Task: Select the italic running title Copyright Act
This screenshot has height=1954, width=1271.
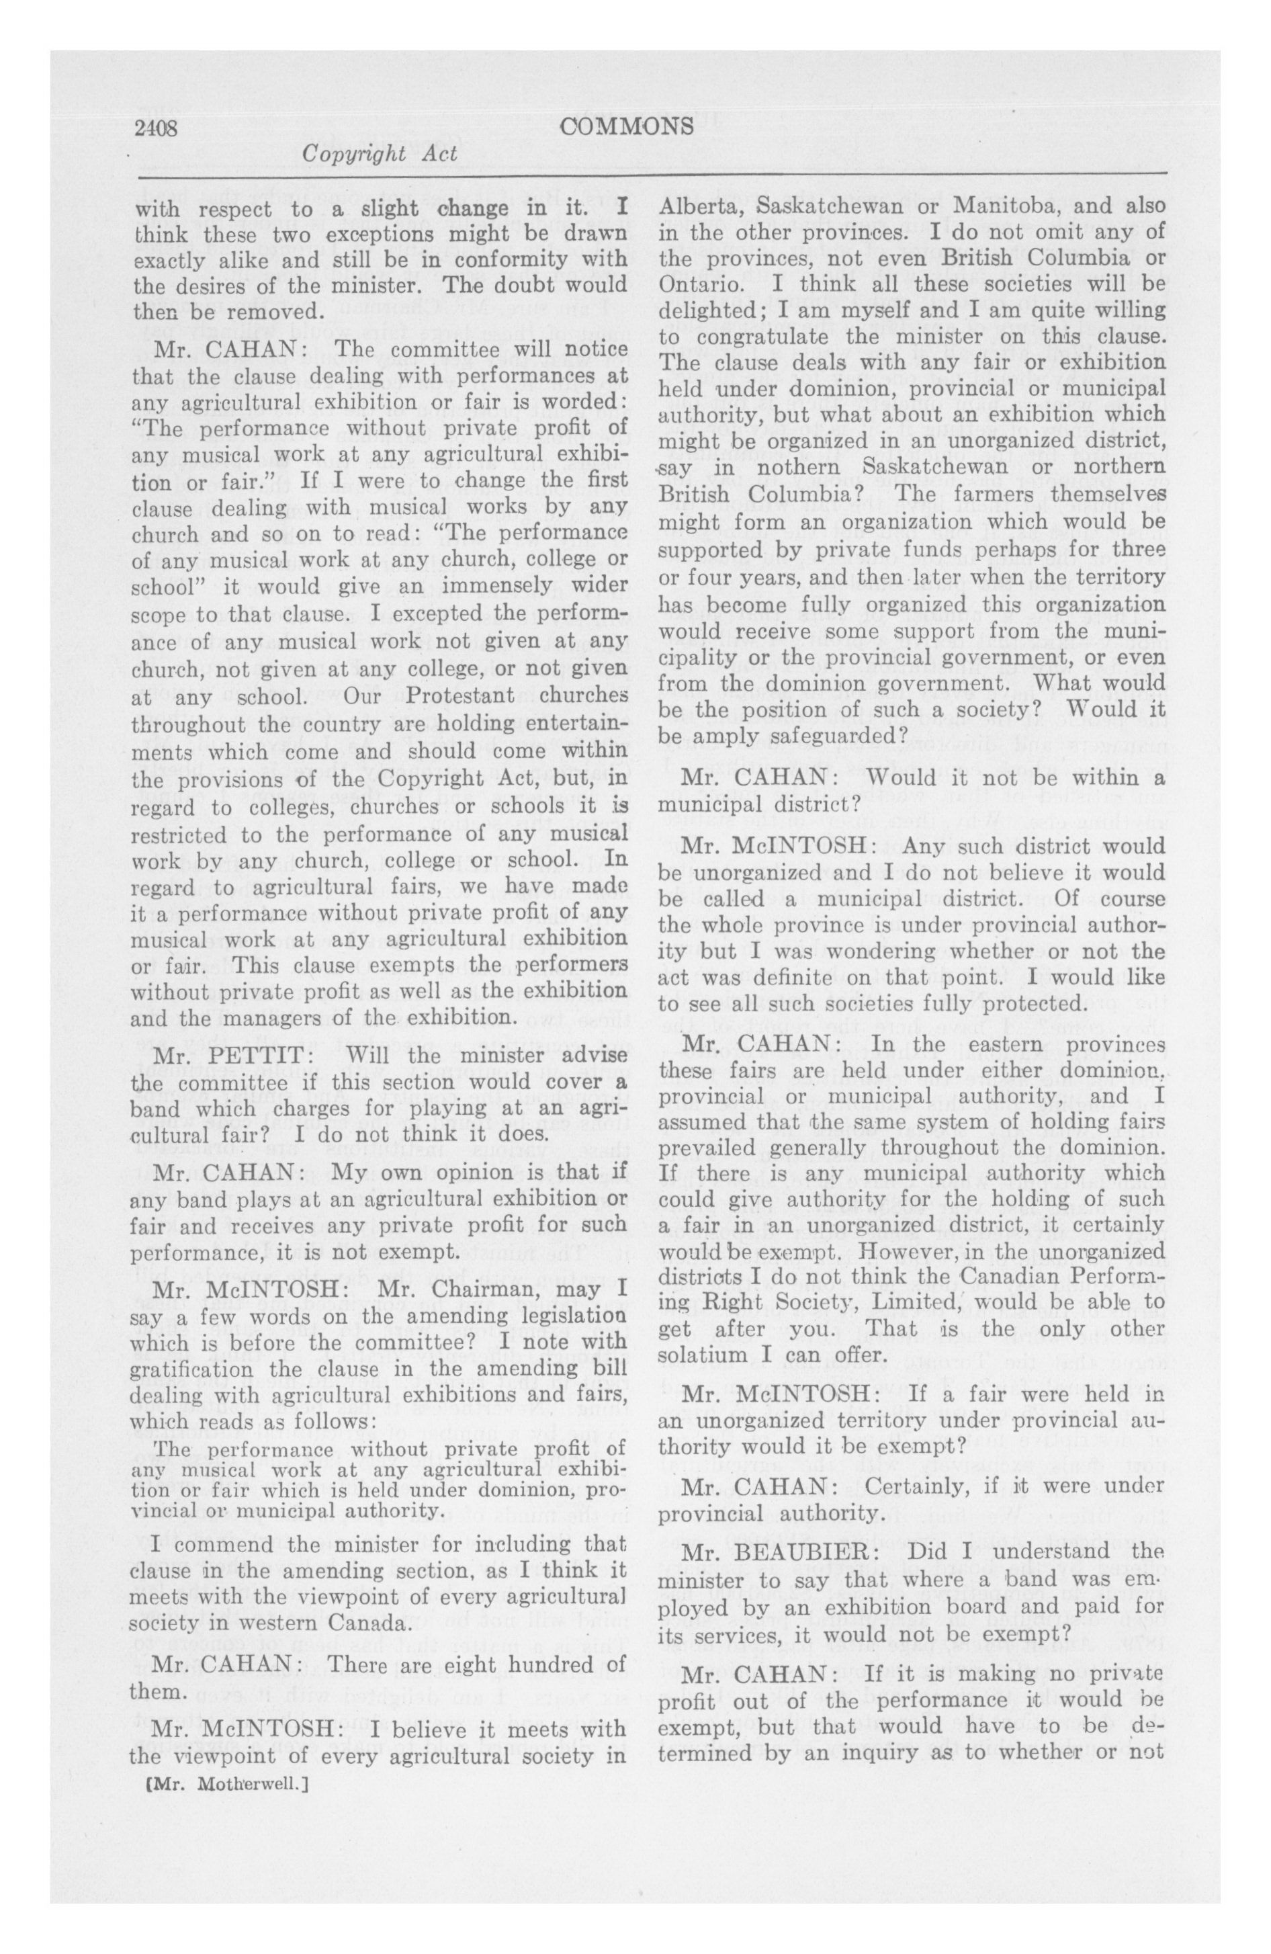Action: pos(380,155)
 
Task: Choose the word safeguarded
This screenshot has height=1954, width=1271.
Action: pos(793,736)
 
